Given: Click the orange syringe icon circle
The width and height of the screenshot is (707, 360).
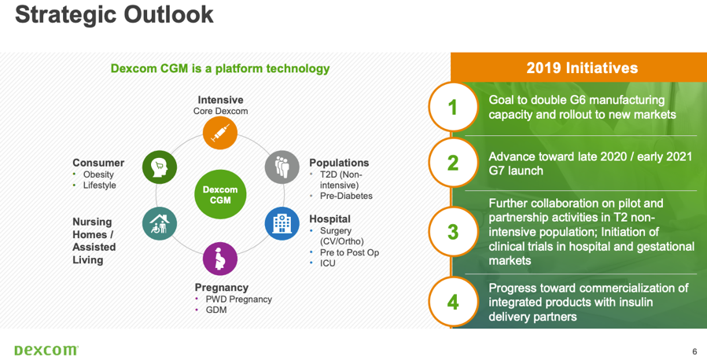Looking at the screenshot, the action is click(x=220, y=133).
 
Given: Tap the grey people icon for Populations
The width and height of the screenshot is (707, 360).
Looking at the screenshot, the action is click(x=282, y=167).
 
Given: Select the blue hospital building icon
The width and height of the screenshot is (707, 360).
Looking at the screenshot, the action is click(x=282, y=223).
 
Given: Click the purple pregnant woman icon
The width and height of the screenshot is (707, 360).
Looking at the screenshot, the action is click(x=220, y=259).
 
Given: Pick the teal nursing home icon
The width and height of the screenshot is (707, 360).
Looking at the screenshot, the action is click(x=160, y=223).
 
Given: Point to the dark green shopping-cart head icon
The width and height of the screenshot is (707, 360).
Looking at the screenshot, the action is click(x=160, y=167).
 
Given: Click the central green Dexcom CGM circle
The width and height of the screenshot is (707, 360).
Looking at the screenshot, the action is click(x=220, y=195).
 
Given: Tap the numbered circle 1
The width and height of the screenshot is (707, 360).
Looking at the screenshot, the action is click(x=453, y=107).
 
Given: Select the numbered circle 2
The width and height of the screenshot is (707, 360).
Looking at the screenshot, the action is click(x=453, y=163).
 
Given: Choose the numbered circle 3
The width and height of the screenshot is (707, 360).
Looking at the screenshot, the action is click(x=453, y=232).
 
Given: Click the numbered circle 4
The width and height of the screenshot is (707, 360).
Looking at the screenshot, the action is click(x=453, y=301).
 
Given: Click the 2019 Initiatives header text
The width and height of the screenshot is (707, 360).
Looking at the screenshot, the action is click(x=582, y=68).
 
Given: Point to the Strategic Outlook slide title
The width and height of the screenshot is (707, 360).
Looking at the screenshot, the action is click(x=114, y=14).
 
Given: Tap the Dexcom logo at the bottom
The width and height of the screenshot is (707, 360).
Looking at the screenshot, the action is click(x=46, y=350).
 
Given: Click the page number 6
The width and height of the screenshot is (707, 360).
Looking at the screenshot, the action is click(x=695, y=351).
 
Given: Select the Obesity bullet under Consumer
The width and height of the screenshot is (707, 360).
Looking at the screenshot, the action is click(x=98, y=174).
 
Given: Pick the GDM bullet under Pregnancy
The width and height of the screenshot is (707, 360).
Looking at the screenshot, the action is click(x=216, y=310).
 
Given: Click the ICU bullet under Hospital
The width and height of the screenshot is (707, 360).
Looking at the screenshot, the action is click(x=328, y=263).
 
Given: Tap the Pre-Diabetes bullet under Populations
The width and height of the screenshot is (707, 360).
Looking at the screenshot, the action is click(x=346, y=196).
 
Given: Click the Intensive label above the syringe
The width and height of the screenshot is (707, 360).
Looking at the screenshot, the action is click(x=220, y=100).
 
